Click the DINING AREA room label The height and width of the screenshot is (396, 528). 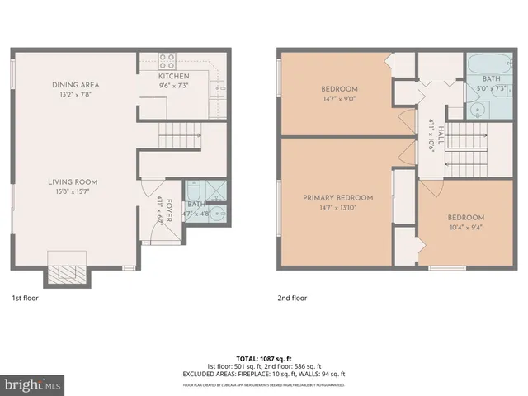75,84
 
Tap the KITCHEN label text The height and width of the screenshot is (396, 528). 174,76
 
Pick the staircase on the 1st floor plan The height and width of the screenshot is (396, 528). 179,131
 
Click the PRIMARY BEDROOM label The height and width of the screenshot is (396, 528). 337,198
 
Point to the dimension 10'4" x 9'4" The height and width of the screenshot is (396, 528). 467,227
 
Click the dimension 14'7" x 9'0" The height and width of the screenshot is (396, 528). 340,98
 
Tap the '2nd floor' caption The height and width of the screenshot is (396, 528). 291,299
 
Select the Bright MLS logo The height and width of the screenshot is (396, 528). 33,384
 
